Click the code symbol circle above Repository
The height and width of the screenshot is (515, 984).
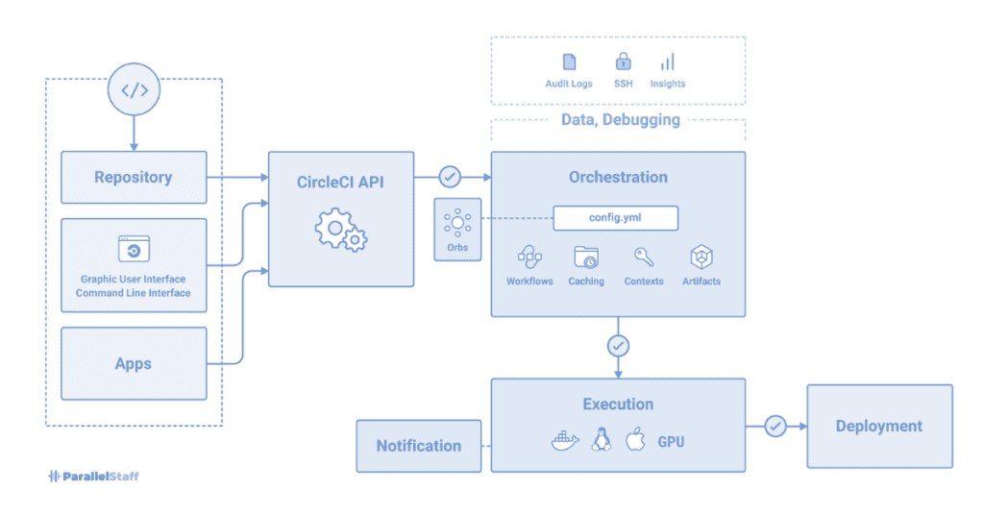coord(134,90)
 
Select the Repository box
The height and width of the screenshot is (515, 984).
coord(134,177)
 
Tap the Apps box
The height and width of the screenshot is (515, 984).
coord(134,363)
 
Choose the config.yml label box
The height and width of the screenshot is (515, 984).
coord(615,218)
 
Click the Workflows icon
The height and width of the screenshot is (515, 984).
coord(529,257)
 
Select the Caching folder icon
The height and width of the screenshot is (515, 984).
coord(585,257)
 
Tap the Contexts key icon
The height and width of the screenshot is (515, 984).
coord(644,257)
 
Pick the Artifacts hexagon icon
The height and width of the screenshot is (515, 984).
coord(701,257)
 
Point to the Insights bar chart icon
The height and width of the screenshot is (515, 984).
coord(667,62)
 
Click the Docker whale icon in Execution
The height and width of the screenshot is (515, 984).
coord(565,441)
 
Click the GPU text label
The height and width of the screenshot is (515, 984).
coord(671,442)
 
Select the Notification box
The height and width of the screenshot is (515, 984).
coord(418,446)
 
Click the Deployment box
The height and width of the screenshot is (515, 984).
coord(878,426)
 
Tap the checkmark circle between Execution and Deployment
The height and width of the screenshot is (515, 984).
coord(775,426)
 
